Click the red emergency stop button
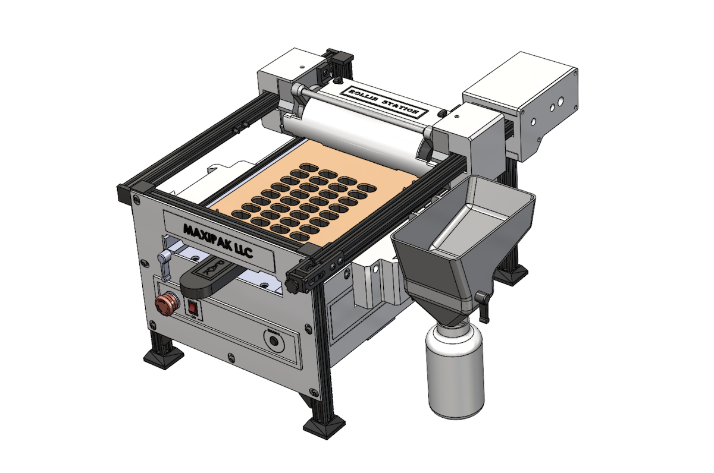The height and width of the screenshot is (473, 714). [166, 305]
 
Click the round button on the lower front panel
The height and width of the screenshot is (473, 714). [273, 340]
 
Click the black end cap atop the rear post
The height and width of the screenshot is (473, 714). [343, 58]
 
